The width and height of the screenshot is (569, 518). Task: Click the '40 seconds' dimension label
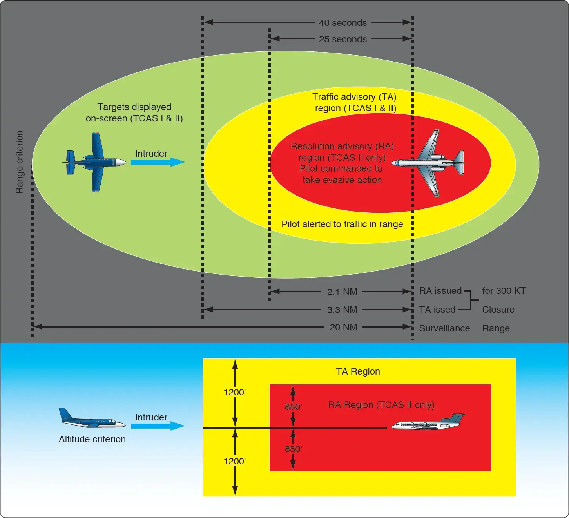point(342,23)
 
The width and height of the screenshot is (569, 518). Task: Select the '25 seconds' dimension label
point(342,39)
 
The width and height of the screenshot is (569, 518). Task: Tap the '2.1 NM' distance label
point(342,292)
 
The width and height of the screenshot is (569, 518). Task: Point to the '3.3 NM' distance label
point(342,310)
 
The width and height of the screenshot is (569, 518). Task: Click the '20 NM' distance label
point(343,327)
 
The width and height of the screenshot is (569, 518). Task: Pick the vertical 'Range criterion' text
point(19,162)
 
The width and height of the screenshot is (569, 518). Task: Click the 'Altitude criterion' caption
point(92,439)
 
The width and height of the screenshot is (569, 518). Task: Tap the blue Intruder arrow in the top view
point(158,162)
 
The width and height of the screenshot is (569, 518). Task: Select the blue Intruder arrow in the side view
point(158,426)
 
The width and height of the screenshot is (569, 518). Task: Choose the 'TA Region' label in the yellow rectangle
point(358,371)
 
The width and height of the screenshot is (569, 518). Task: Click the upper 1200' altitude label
point(235,392)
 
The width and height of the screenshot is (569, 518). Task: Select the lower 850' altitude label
point(293,449)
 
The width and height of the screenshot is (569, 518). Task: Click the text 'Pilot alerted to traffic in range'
point(342,224)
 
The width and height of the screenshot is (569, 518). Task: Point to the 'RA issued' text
point(440,291)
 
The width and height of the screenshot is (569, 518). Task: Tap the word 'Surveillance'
point(444,328)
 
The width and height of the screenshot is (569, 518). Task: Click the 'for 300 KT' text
point(504,291)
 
